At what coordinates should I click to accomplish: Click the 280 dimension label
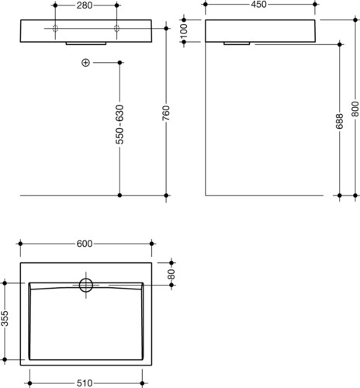click(85, 5)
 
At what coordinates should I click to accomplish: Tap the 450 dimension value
click(258, 5)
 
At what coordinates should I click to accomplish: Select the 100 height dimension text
click(183, 31)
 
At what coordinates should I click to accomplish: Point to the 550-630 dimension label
click(119, 124)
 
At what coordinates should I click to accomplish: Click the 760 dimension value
click(166, 113)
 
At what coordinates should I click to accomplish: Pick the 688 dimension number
click(339, 121)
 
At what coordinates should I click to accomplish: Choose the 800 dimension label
click(355, 109)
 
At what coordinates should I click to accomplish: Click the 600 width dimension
click(85, 244)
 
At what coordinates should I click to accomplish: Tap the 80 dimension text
click(171, 274)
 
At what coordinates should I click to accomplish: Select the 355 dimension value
click(5, 318)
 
